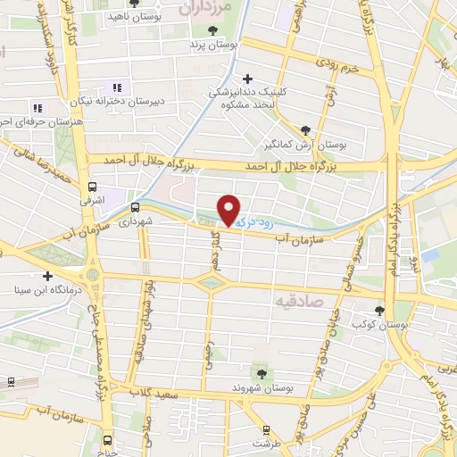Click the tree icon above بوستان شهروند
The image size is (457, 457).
pyautogui.click(x=261, y=374)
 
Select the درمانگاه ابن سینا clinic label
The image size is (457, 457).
pyautogui.click(x=42, y=287)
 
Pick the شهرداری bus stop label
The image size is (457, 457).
pyautogui.click(x=137, y=219)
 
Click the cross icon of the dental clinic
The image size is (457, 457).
pyautogui.click(x=247, y=79)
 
